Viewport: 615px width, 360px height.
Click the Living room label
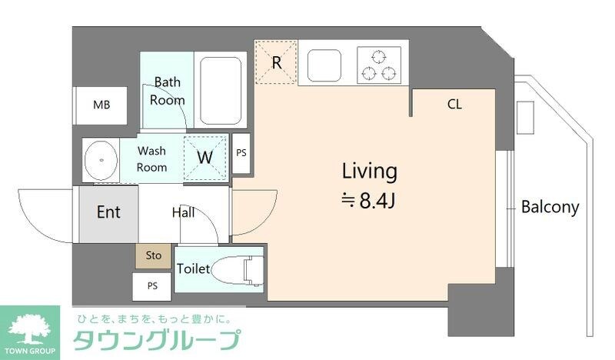pyautogui.click(x=369, y=171)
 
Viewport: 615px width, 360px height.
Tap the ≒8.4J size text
pyautogui.click(x=369, y=201)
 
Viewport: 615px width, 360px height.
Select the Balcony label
pyautogui.click(x=550, y=207)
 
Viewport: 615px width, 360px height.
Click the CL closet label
pyautogui.click(x=454, y=104)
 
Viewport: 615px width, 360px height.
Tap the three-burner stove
pyautogui.click(x=379, y=65)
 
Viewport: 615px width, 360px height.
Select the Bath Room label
pyautogui.click(x=168, y=91)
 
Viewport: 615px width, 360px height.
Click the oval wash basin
pyautogui.click(x=99, y=160)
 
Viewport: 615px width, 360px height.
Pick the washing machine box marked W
pyautogui.click(x=206, y=158)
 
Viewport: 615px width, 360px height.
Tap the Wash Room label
pyautogui.click(x=152, y=159)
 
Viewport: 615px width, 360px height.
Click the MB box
pyautogui.click(x=100, y=105)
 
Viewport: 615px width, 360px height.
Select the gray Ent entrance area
pyautogui.click(x=108, y=213)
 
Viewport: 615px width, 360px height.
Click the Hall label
pyautogui.click(x=183, y=212)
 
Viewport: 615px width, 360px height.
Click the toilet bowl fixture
pyautogui.click(x=234, y=270)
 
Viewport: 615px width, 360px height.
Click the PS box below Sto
pyautogui.click(x=152, y=286)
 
